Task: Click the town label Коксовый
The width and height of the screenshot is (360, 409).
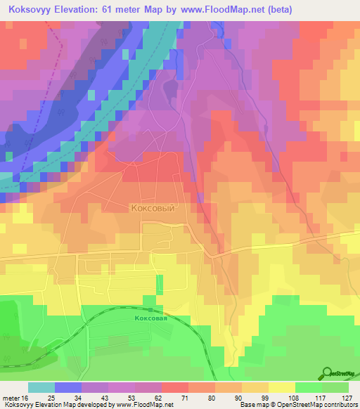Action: (152, 208)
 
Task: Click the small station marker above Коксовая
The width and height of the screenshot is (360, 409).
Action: (150, 309)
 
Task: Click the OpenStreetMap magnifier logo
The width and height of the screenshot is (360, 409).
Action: (327, 372)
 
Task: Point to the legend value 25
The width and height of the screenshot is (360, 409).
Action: (51, 397)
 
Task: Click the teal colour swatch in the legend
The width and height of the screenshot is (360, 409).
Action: (41, 387)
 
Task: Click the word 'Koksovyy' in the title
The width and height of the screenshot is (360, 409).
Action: (28, 10)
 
